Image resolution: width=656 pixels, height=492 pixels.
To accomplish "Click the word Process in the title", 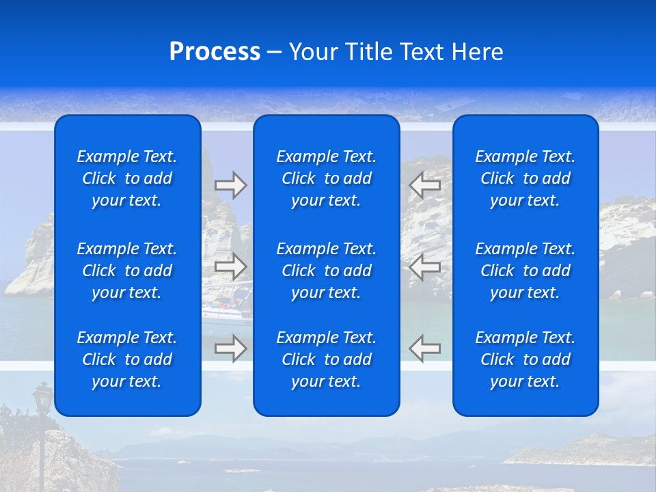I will coord(215,52).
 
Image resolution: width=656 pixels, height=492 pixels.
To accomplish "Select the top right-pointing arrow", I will coord(230,184).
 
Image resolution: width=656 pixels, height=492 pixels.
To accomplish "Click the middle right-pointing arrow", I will coord(230,266).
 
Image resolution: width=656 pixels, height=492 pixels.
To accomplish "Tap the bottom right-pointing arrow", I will coord(230,348).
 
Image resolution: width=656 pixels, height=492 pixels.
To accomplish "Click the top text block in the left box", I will coord(127,178).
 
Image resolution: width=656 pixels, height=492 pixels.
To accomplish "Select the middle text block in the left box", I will coord(127,271).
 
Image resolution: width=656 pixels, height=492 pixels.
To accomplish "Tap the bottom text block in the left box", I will coord(127,359).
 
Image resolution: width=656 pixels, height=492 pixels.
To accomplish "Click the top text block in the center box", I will coord(327,178).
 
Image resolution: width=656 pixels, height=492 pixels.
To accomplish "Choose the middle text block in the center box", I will coord(327,271).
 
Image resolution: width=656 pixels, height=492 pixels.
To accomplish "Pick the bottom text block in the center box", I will coord(327,359).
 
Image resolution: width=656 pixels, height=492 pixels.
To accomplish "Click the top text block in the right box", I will coord(525,178).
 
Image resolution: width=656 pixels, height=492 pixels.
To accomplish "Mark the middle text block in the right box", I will coord(525,271).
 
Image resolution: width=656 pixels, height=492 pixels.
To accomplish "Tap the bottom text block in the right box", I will coord(525,359).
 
